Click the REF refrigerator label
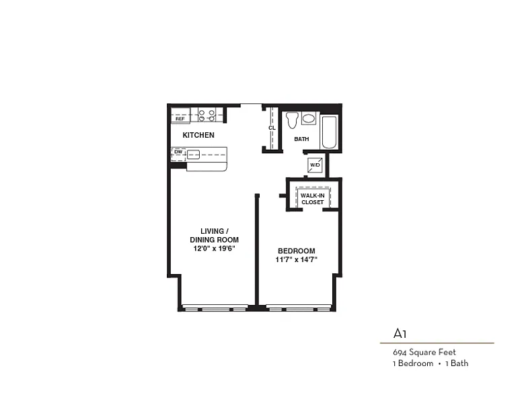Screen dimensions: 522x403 (180, 119)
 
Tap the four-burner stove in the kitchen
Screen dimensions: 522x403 (207, 115)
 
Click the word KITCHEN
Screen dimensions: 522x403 (198, 135)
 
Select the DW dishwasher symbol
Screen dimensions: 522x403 (178, 154)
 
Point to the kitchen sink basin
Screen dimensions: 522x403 (193, 154)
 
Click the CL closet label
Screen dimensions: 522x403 (272, 128)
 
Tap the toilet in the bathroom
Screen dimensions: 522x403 (292, 120)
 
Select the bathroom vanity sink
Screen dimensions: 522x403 (309, 118)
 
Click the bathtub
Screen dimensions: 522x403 (329, 132)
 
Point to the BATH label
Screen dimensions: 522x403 (301, 139)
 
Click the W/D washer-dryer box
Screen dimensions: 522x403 (315, 165)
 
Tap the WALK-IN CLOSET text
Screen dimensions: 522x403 (312, 199)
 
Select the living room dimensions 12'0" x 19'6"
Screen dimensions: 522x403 (215, 249)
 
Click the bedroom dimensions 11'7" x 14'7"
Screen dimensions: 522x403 (296, 260)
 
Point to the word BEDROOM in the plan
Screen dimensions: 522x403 (296, 251)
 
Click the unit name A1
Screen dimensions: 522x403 (400, 333)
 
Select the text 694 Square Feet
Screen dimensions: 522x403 (424, 352)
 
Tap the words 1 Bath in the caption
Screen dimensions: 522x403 (457, 363)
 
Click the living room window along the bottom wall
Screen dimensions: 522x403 (215, 308)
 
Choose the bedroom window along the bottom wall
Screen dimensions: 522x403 (298, 308)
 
